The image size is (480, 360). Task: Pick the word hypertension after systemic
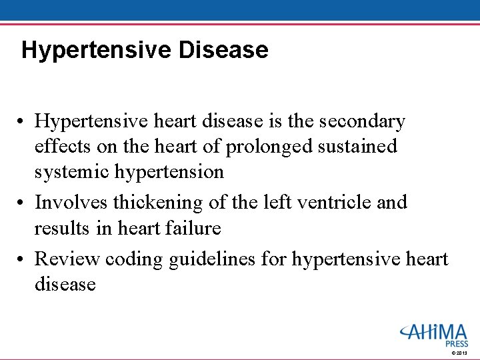coord(169,172)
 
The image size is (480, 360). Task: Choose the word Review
coord(65,258)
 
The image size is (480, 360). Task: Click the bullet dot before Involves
coord(23,202)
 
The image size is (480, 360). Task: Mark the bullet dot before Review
coord(23,259)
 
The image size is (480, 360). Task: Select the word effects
coord(63,146)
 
